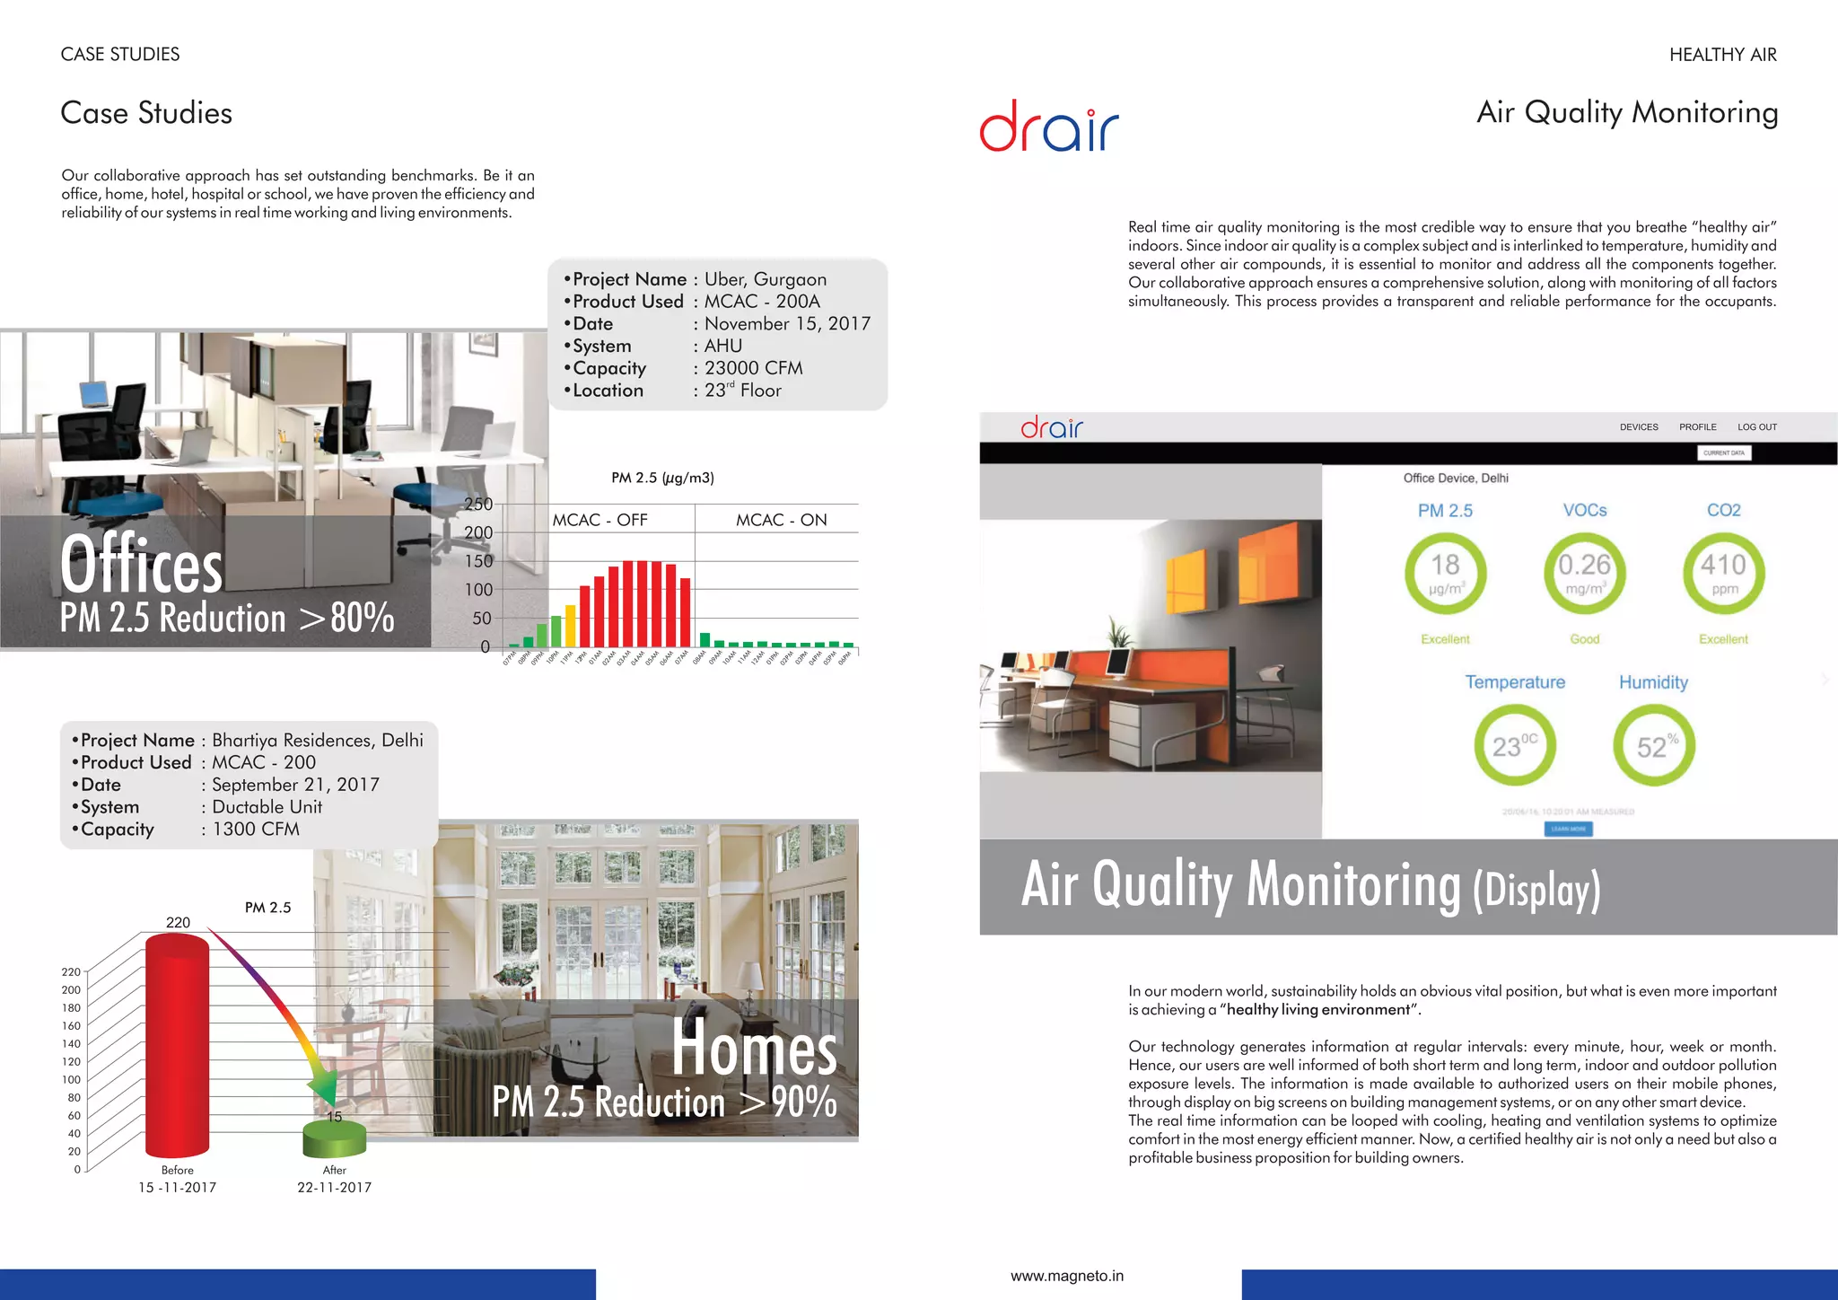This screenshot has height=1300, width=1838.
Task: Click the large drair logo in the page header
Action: point(1048,127)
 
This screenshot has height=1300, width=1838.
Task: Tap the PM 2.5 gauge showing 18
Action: point(1445,573)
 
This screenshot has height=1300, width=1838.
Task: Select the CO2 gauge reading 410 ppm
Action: point(1723,573)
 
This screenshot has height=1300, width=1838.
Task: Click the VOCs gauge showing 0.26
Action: point(1584,573)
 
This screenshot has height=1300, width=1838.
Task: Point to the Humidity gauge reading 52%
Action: point(1653,745)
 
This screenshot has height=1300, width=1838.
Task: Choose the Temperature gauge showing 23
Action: point(1514,745)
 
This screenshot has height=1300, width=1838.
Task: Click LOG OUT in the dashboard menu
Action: point(1756,427)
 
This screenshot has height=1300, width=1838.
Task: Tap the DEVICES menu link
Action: point(1639,427)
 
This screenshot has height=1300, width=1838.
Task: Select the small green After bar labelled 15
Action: point(335,1138)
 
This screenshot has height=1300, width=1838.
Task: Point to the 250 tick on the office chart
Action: point(478,505)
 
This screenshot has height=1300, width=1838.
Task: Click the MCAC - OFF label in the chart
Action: point(600,520)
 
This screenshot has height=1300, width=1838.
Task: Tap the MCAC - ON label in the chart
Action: point(781,520)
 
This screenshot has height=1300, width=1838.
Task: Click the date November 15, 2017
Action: point(787,324)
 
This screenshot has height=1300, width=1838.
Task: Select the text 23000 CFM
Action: point(753,368)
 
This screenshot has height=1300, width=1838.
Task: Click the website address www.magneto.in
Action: point(1066,1276)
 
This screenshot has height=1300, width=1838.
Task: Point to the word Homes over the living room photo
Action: point(754,1047)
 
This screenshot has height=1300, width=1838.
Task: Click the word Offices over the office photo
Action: point(141,564)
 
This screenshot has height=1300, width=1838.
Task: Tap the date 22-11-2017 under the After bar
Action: point(334,1187)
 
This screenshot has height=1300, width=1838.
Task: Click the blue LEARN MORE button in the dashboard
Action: point(1568,829)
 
